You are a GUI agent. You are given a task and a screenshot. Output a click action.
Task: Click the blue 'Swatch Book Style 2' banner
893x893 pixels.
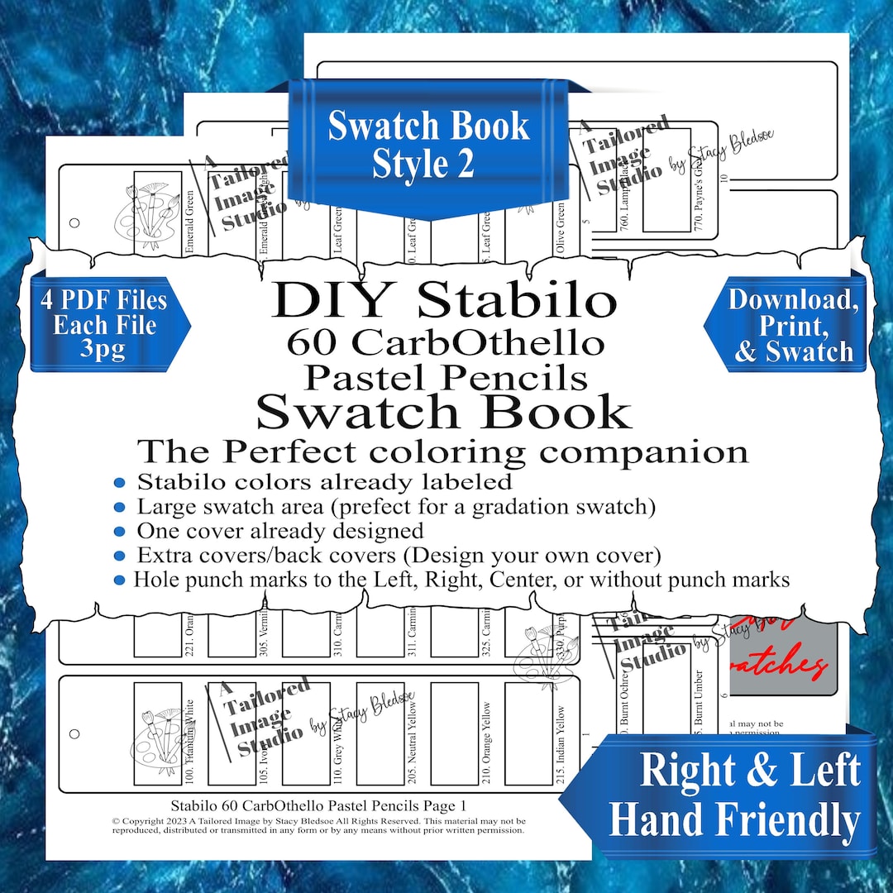[427, 146]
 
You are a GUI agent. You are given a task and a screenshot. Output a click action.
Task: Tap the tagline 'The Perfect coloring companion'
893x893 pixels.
[443, 451]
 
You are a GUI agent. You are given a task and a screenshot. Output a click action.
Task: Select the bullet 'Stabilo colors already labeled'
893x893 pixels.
[324, 481]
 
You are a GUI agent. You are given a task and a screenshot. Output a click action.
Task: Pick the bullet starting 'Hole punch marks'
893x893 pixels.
[461, 580]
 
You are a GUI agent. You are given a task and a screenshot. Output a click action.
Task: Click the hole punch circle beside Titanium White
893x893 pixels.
[74, 733]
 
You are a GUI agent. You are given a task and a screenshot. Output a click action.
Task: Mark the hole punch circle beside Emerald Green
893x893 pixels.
[74, 222]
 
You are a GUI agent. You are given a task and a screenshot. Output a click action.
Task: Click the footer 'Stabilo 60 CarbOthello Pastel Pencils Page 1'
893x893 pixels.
[318, 805]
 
